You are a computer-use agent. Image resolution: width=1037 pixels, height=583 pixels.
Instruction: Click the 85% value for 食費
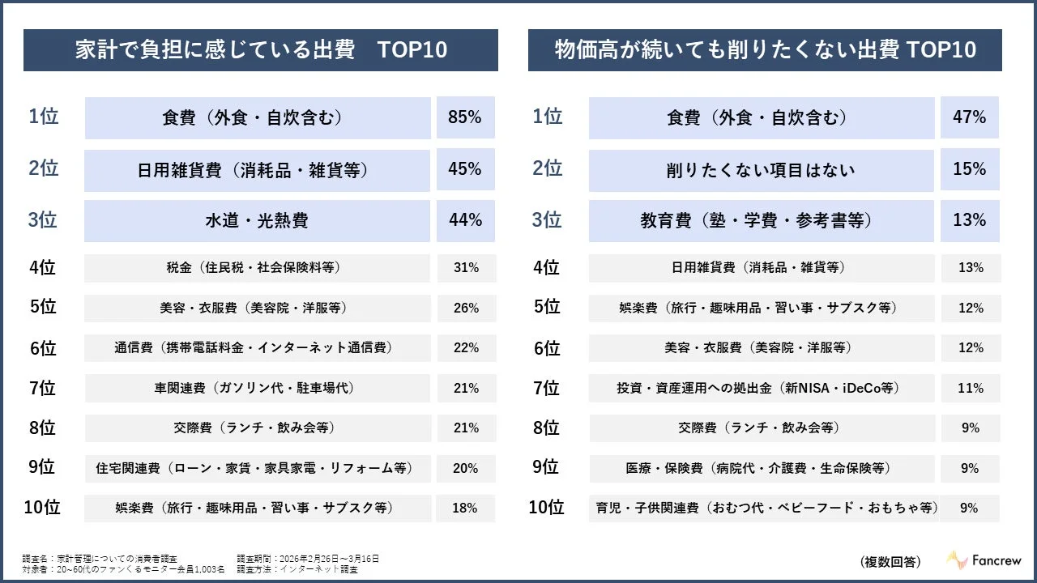click(465, 117)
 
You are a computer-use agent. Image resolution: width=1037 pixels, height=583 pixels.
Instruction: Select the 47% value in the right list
click(969, 117)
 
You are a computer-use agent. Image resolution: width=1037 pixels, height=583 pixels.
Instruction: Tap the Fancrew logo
click(984, 560)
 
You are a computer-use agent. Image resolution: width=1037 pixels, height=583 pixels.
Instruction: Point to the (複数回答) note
click(890, 561)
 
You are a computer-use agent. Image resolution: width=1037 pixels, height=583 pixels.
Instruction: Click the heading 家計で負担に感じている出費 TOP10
click(260, 50)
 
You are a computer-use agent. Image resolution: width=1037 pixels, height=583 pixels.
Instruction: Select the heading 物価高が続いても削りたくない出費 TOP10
click(765, 50)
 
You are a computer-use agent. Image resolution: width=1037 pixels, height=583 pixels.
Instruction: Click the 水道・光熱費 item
click(257, 220)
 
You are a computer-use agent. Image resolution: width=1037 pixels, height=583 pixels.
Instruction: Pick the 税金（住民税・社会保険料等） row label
click(257, 268)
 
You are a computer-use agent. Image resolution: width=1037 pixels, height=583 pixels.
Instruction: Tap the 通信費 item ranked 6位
click(257, 348)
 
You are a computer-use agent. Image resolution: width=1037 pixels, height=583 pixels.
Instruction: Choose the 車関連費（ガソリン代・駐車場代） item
click(257, 388)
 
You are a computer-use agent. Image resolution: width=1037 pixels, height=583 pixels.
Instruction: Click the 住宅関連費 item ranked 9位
click(257, 468)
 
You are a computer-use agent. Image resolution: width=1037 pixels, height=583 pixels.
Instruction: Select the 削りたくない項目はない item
click(761, 170)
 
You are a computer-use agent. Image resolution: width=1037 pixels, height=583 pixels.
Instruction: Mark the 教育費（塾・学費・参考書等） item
click(761, 220)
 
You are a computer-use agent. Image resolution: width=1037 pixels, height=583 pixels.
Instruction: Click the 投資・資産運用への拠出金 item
click(761, 388)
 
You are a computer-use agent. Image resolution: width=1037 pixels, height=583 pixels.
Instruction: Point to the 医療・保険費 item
click(761, 468)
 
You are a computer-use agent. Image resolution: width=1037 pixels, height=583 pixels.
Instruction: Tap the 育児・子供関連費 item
click(762, 509)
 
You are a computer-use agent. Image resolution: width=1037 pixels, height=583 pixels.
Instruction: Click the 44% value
click(465, 220)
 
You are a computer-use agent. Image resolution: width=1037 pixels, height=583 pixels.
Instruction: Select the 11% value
click(970, 388)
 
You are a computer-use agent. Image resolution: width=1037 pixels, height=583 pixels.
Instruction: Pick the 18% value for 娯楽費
click(465, 509)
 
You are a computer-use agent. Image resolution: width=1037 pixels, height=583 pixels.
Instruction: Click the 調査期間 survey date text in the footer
click(308, 559)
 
